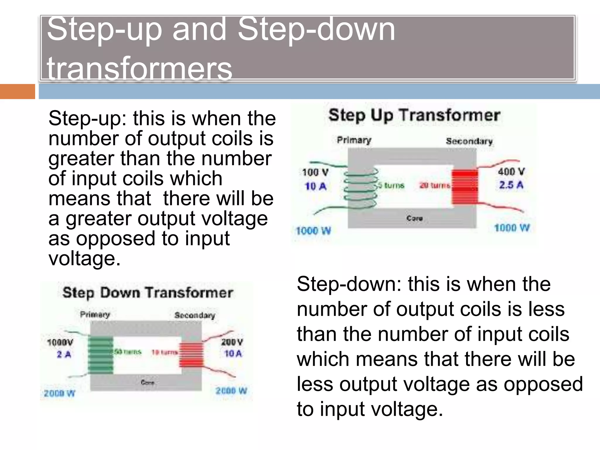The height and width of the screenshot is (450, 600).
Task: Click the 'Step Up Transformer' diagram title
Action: click(414, 115)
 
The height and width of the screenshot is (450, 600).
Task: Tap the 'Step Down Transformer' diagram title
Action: click(148, 293)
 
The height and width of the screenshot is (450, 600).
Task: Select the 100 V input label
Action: click(315, 172)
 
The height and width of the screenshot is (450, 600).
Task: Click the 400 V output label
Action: click(512, 171)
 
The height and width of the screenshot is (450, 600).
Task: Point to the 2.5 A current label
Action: click(511, 185)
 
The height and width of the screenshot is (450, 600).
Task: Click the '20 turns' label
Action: click(435, 185)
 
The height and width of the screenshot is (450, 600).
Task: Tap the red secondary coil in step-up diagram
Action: click(465, 187)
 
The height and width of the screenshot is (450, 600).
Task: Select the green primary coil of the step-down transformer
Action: click(100, 355)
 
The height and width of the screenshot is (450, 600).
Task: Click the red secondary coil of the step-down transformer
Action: click(191, 355)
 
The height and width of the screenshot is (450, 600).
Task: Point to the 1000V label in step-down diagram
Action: click(60, 342)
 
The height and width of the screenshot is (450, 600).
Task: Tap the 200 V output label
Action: click(232, 342)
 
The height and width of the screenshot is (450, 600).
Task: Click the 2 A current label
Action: click(64, 354)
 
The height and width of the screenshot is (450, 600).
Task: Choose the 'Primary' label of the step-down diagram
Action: click(95, 314)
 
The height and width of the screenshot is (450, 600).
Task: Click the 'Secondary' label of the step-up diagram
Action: click(469, 141)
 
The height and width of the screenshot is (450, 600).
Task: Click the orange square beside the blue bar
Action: click(17, 91)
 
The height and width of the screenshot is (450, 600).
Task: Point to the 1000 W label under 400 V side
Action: click(512, 228)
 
